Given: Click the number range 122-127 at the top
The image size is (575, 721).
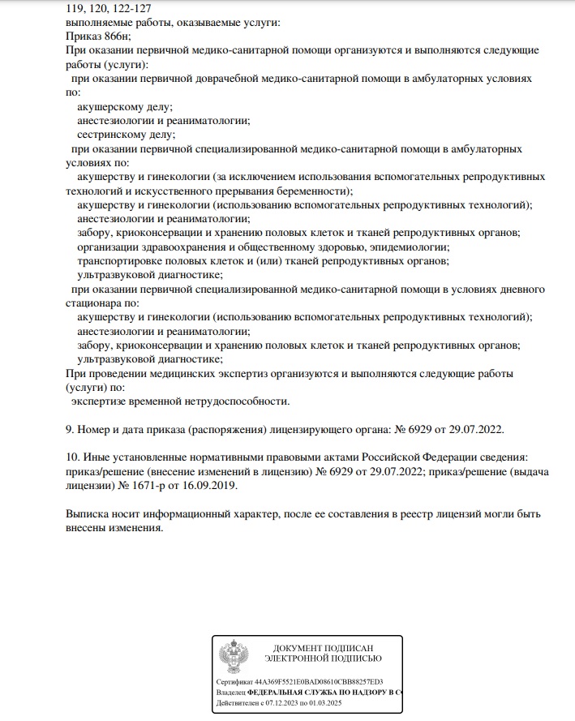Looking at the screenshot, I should pyautogui.click(x=123, y=9).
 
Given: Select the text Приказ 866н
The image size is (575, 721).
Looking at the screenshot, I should pyautogui.click(x=96, y=36).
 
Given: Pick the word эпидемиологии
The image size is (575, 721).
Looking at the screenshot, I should pyautogui.click(x=413, y=247).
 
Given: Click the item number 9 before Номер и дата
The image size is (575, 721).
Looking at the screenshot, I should pyautogui.click(x=68, y=428).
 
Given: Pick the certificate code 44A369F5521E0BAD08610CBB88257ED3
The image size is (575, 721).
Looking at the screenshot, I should pyautogui.click(x=318, y=682).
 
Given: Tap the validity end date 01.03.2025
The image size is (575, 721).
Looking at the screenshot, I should pyautogui.click(x=344, y=705).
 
